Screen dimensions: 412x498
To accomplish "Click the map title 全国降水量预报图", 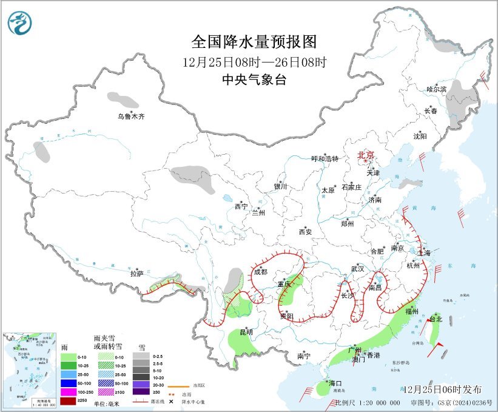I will [254, 42].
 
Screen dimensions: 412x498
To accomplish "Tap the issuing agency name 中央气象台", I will [254, 79].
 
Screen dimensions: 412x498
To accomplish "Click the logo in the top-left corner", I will [20, 24].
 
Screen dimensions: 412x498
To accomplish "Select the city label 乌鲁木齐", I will [132, 116].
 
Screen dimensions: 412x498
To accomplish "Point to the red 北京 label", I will [366, 155].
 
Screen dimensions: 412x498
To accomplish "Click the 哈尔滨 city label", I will [436, 89].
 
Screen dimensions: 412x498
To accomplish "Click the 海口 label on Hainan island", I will [336, 383].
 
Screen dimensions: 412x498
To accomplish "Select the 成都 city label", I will [260, 272].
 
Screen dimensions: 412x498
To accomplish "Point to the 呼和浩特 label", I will [325, 159].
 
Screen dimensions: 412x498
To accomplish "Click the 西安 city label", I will [305, 232].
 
